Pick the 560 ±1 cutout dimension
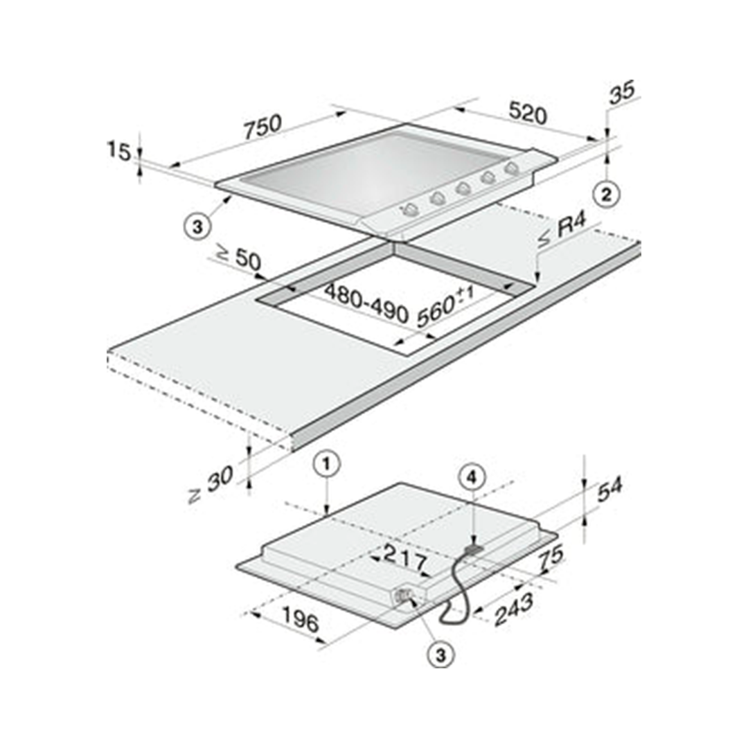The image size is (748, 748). click(445, 308)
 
